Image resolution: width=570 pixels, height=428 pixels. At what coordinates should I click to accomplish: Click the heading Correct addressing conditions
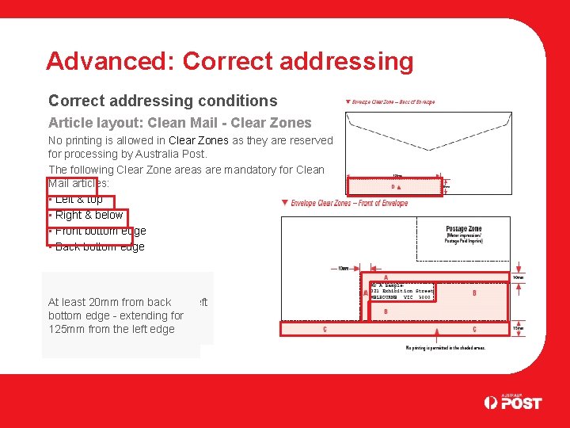tap(162, 101)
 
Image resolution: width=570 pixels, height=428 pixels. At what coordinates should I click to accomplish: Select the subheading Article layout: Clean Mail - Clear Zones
tap(180, 123)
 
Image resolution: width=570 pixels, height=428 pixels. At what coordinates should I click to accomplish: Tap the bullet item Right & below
tap(89, 215)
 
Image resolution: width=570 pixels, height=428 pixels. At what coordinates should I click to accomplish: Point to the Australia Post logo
tap(513, 402)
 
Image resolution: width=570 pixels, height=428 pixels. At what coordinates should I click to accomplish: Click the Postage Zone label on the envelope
tap(463, 229)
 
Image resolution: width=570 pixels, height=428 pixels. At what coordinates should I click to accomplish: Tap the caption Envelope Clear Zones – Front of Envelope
tap(348, 204)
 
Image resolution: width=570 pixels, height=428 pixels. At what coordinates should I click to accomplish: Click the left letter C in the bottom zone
tap(325, 329)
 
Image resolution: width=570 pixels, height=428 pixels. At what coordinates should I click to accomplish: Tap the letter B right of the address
tap(473, 293)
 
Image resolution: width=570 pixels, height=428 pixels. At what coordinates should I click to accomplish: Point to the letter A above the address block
tap(385, 277)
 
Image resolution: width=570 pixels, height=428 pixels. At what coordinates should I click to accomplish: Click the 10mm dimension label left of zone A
tap(343, 269)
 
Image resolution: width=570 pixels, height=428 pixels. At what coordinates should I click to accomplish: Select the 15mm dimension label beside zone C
tap(518, 328)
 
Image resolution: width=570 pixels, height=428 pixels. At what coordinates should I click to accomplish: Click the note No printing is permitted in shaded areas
tap(445, 348)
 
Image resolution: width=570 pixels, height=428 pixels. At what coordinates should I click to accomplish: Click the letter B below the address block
tap(385, 311)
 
